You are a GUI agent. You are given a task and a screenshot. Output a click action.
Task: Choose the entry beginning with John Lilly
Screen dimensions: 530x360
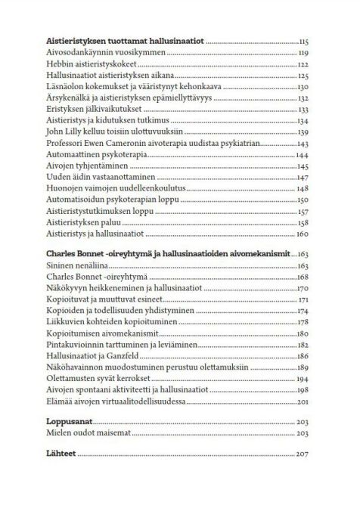click(x=114, y=132)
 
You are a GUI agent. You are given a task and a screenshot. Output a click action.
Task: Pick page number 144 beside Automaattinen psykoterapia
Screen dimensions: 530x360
click(x=304, y=154)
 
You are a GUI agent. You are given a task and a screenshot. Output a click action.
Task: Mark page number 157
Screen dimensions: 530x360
click(x=304, y=210)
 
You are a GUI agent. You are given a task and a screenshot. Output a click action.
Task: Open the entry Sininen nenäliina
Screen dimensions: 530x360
click(x=76, y=265)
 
